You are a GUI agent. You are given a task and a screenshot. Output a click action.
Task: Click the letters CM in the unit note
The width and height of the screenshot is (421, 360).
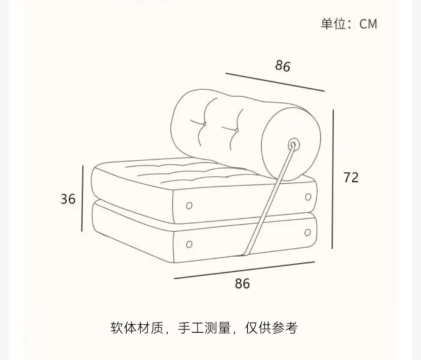click(368, 24)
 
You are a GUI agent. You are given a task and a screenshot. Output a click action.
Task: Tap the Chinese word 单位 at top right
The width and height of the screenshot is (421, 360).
click(334, 24)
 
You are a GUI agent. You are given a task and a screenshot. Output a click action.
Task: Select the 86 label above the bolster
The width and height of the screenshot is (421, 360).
click(283, 66)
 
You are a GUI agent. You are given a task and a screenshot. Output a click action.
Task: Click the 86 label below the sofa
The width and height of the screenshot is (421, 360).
click(242, 284)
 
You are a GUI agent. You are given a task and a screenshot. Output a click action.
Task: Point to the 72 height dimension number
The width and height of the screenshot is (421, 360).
click(351, 177)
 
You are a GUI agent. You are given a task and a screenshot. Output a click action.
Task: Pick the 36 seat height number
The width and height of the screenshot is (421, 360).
click(68, 199)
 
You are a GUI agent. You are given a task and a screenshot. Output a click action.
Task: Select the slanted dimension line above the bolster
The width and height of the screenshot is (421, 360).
click(275, 82)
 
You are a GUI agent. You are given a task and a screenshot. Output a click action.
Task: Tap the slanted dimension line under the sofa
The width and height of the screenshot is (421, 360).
click(244, 270)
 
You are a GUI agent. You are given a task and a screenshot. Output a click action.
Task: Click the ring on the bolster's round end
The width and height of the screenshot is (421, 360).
click(293, 145)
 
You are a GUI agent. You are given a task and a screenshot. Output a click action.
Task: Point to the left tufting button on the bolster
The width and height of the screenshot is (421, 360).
click(204, 124)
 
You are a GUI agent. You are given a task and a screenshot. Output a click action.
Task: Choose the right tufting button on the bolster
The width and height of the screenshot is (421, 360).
click(236, 130)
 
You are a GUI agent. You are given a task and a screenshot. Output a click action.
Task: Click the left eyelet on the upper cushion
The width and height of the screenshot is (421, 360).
click(189, 206)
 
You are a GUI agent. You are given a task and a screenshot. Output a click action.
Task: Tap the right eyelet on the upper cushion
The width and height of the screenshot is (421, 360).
click(308, 197)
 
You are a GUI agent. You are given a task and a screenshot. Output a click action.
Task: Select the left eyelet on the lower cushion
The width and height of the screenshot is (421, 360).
click(189, 245)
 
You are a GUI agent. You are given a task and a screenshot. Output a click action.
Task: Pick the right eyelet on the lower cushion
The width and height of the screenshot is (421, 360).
click(308, 233)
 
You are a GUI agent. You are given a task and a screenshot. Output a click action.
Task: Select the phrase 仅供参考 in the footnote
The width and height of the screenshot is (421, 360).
click(271, 328)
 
